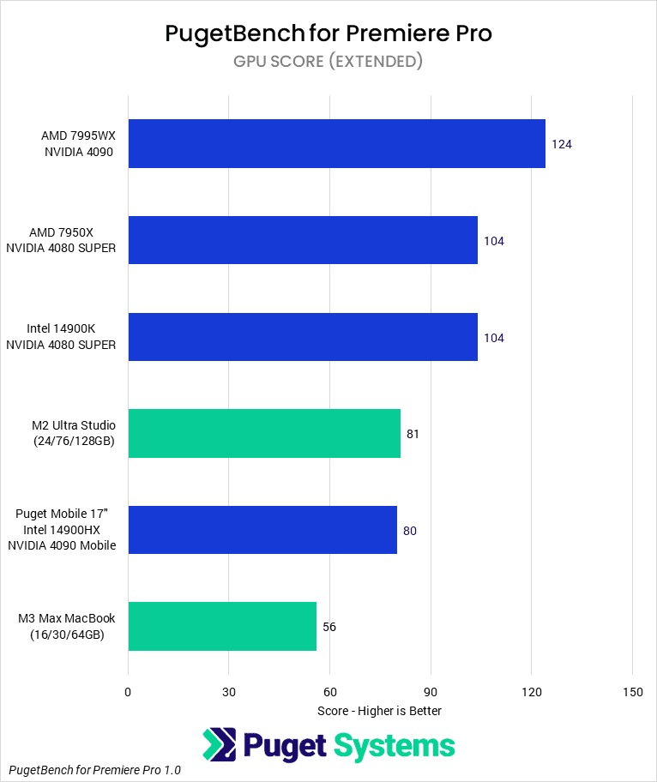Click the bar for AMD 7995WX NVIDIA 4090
pyautogui.click(x=336, y=144)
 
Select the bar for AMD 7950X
pyautogui.click(x=303, y=240)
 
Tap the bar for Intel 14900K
pyautogui.click(x=303, y=337)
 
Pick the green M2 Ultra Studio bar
pyautogui.click(x=264, y=434)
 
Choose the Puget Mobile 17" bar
pyautogui.click(x=262, y=530)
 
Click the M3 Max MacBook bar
pyautogui.click(x=222, y=627)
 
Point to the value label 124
pyautogui.click(x=562, y=144)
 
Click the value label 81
pyautogui.click(x=413, y=434)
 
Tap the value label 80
pyautogui.click(x=410, y=531)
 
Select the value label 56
pyautogui.click(x=329, y=627)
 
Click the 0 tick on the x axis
pyautogui.click(x=128, y=692)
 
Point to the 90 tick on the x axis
pyautogui.click(x=431, y=692)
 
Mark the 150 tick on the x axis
pyautogui.click(x=632, y=692)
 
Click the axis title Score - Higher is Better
pyautogui.click(x=379, y=711)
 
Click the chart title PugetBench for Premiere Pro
pyautogui.click(x=328, y=33)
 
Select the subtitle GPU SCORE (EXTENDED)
pyautogui.click(x=328, y=62)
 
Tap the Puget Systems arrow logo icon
pyautogui.click(x=220, y=745)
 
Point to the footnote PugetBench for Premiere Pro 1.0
pyautogui.click(x=95, y=770)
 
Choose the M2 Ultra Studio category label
pyautogui.click(x=73, y=433)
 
